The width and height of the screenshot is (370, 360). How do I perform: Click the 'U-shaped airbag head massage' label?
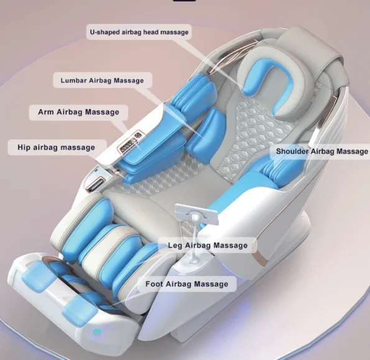point(139,32)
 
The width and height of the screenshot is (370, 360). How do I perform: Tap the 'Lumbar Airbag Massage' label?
point(103,80)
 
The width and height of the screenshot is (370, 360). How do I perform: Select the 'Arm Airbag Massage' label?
point(78,112)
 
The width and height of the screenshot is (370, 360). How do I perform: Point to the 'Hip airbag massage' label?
point(57,147)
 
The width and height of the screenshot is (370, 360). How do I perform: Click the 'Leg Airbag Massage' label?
point(208,246)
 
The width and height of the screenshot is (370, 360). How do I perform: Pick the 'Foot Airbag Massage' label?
point(187,284)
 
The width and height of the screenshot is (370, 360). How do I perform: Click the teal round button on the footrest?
point(97,331)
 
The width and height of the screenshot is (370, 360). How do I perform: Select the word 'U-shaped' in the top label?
point(104,32)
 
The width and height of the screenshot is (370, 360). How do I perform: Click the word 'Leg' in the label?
point(175,246)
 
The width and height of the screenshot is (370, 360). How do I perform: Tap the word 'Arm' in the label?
point(46,112)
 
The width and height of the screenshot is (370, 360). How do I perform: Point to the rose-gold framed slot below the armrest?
point(96,183)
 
